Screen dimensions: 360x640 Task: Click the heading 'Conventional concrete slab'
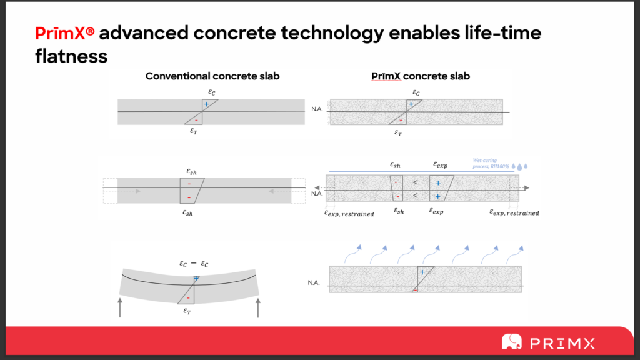212,76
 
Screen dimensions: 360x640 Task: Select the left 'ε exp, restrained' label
349,213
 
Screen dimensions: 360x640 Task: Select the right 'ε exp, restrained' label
514,213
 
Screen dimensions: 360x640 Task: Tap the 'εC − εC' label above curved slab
194,264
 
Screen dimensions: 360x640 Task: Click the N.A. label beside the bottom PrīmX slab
314,283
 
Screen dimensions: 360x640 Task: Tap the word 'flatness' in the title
71,57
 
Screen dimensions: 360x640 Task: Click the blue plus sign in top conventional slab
206,104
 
